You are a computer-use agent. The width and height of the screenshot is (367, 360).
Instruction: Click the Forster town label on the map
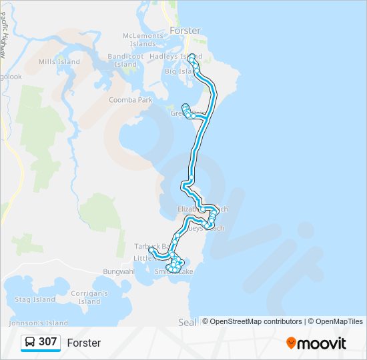coord(185,31)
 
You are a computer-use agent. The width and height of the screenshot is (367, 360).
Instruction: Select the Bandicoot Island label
coord(125,61)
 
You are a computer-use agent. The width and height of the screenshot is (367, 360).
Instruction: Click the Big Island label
coord(178,71)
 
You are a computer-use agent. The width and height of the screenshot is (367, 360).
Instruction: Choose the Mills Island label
coord(59,62)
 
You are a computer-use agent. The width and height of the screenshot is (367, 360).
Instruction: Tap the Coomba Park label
coord(130,100)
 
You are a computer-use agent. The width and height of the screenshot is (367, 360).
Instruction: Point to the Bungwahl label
coord(119,271)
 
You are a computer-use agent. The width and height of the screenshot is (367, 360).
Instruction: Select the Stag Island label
coord(35,299)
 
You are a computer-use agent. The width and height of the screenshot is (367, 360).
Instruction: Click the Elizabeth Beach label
coord(202,209)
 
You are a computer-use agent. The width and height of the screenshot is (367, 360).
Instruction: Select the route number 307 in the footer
coord(47,342)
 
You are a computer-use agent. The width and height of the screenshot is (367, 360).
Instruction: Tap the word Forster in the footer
coord(84,343)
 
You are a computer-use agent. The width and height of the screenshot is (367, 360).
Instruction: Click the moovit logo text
coord(322,343)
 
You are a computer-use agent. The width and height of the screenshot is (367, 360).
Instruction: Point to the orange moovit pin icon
coord(291,343)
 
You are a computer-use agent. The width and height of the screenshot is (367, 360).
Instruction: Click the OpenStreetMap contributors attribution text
coord(252,321)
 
